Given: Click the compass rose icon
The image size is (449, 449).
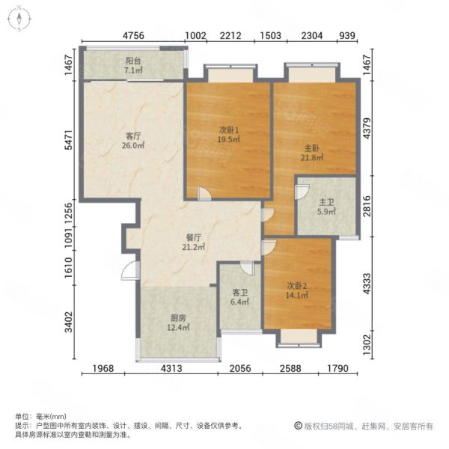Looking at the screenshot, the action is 19,19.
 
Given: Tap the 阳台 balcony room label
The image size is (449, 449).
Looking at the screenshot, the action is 133,66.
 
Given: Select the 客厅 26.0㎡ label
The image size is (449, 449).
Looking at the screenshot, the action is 133,141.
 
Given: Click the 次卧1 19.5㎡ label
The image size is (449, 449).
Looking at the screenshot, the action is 229,135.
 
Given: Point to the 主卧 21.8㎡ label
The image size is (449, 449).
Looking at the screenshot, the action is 312,153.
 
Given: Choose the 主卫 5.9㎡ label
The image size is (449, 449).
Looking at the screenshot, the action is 326,207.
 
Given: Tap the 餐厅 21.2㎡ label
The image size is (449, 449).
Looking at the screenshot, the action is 194,242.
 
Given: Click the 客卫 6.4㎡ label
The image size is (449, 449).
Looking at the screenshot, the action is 240,297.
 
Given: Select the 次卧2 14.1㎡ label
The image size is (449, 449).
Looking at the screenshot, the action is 297,290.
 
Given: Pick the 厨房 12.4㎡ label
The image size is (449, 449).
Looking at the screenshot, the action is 178,323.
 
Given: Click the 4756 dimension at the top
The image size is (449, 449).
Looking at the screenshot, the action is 133,35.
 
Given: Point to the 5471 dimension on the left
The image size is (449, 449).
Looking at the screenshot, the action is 69,140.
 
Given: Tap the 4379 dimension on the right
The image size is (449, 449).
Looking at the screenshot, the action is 367,128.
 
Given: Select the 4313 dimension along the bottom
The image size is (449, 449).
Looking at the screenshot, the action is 171,368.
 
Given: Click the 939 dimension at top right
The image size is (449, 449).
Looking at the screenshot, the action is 347,35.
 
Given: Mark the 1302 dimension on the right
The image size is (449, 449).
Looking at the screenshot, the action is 367,345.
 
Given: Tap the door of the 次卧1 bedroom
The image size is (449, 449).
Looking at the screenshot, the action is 204,193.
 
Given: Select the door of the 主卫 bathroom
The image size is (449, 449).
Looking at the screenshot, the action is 302,192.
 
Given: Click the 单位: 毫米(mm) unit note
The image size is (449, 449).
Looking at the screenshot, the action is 40,416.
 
